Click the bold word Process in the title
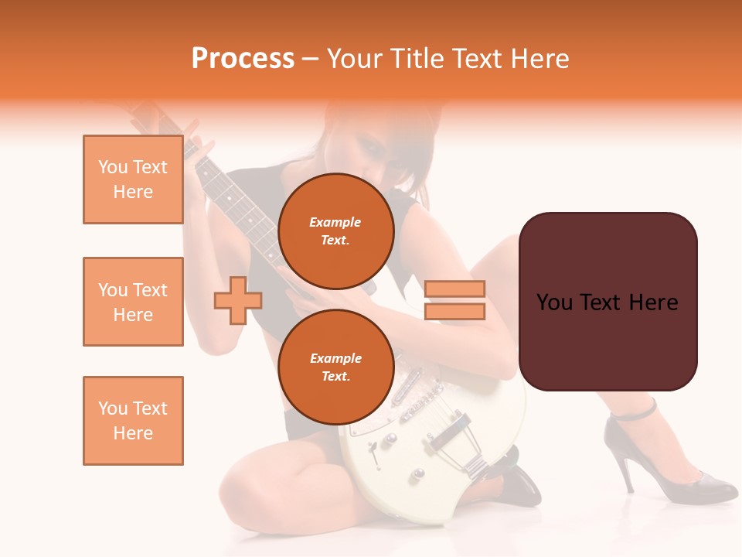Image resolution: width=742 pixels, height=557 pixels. [x=243, y=59]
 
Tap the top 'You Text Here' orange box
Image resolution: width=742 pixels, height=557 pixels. [x=133, y=179]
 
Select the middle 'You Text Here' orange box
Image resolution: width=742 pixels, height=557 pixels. [x=133, y=302]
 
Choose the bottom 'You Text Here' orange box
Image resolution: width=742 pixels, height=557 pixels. [x=133, y=420]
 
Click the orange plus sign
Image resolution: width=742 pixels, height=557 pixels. [x=238, y=300]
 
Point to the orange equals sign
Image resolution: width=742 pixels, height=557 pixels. [x=454, y=300]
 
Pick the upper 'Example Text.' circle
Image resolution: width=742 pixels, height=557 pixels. [x=335, y=231]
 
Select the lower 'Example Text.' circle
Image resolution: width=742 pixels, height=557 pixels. [x=335, y=367]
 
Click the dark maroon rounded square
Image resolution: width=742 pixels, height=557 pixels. [x=608, y=302]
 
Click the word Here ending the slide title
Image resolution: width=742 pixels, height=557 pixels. [x=540, y=59]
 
